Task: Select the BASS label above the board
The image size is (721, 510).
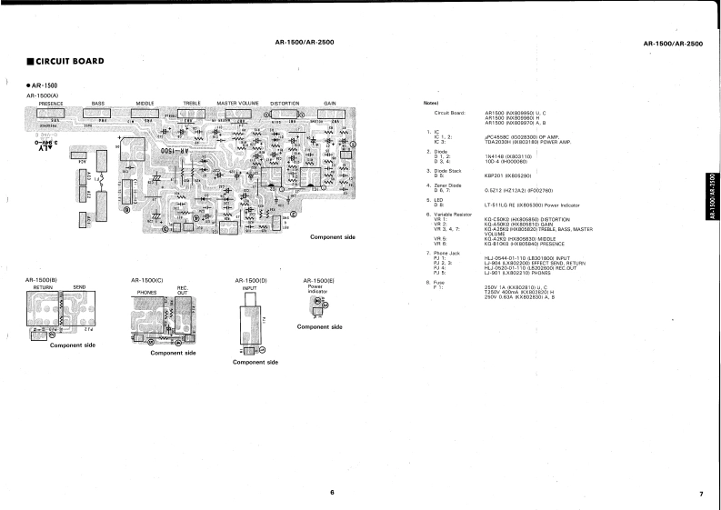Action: tap(98, 104)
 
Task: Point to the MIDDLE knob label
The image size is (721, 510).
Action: tap(145, 104)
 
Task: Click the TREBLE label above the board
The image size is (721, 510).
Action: tap(192, 104)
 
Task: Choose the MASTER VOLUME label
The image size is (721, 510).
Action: tap(238, 104)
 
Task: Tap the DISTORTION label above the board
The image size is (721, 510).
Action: tap(285, 104)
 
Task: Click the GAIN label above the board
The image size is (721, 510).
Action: tap(330, 104)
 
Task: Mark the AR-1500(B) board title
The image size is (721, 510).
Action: tap(42, 279)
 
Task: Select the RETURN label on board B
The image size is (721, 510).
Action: tap(44, 286)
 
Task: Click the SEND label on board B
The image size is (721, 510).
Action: tap(79, 286)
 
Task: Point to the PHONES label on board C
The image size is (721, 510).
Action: tap(146, 293)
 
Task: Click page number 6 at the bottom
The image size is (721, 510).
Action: tap(332, 492)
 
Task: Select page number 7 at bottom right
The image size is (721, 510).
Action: tap(701, 494)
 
